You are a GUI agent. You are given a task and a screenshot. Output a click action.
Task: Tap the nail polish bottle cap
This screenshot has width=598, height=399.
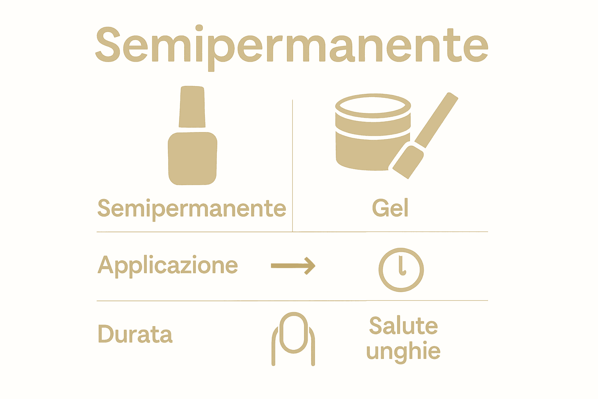tap(192, 106)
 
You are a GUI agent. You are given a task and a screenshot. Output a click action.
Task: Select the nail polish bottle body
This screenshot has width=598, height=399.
tap(192, 159)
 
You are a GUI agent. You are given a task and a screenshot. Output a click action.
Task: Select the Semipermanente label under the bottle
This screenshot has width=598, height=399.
tap(192, 208)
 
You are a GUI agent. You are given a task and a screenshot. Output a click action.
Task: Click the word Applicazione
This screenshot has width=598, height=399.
tap(167, 266)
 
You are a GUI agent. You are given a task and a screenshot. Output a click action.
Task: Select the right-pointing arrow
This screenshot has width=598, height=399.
tap(293, 266)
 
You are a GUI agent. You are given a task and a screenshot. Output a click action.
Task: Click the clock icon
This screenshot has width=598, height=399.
tap(401, 270)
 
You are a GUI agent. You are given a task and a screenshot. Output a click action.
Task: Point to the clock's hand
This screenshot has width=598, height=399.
tap(401, 265)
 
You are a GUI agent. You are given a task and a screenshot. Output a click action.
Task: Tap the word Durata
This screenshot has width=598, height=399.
tap(135, 334)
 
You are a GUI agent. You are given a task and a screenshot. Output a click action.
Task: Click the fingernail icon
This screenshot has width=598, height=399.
tap(293, 338)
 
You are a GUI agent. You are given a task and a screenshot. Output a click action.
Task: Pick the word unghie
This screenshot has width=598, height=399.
tap(403, 351)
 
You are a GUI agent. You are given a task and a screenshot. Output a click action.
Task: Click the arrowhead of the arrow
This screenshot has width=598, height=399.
tap(310, 266)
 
